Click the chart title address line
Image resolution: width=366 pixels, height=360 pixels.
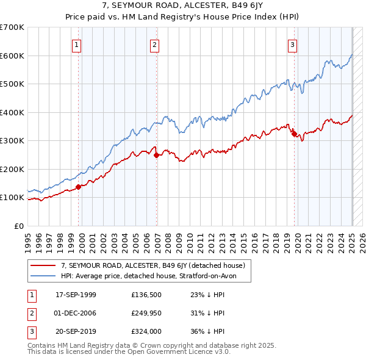(x=182, y=7)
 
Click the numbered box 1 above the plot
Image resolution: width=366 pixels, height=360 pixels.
(x=77, y=44)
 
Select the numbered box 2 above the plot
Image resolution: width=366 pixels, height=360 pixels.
(x=155, y=44)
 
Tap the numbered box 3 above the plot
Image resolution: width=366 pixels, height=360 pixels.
(x=293, y=44)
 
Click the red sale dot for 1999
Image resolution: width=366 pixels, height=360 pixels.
(x=79, y=187)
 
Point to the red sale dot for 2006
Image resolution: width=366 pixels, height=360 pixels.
(x=157, y=155)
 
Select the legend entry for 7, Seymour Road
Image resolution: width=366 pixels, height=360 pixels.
(x=152, y=265)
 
